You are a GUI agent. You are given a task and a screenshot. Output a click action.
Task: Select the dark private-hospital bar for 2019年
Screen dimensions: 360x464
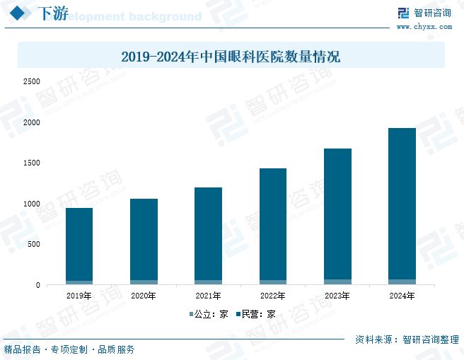point(79,244)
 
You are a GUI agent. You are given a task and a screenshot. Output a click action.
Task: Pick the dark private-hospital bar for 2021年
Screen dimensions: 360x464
point(208,233)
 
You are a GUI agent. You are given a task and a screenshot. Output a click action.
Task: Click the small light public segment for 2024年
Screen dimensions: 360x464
point(402,282)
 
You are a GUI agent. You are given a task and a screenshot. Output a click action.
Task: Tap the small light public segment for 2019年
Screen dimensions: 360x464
point(79,283)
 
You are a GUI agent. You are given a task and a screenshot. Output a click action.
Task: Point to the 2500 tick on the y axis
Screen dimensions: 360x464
point(31,82)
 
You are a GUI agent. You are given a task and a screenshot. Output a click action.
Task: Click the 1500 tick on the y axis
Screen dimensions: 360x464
point(31,163)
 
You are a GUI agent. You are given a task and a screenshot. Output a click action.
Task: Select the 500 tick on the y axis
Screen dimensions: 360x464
point(33,245)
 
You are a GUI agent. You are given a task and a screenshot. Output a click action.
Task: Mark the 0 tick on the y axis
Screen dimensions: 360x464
point(38,286)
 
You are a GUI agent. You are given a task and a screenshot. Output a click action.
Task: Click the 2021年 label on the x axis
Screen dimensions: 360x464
point(208,296)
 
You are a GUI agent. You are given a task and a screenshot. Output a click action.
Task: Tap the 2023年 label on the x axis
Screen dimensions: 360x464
point(337,296)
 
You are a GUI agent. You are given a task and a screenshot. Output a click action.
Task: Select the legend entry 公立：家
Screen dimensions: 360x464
point(209,314)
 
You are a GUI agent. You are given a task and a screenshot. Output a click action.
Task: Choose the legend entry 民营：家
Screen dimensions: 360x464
point(256,314)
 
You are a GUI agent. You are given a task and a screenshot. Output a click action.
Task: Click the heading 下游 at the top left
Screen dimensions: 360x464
point(52,13)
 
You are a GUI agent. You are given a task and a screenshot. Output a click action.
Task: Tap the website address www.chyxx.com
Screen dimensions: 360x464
point(424,26)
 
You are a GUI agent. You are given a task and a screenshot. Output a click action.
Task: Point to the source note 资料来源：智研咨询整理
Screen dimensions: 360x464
point(407,339)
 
